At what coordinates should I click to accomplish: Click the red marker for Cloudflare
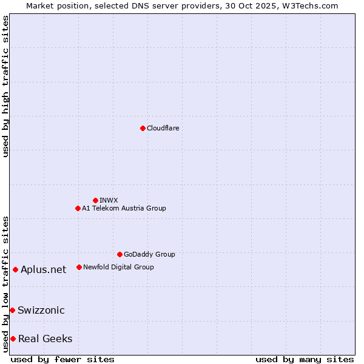[x=143, y=128]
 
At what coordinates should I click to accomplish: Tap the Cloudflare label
[x=163, y=128]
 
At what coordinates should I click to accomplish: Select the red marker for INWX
[x=95, y=200]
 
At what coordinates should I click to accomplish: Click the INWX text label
[x=109, y=200]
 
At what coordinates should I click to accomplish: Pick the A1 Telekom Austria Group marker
[x=78, y=208]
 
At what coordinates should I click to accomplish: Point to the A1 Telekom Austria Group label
[x=124, y=208]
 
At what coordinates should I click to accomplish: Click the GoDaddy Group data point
[x=120, y=254]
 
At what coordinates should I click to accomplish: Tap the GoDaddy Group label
[x=149, y=254]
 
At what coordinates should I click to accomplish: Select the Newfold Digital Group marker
[x=79, y=267]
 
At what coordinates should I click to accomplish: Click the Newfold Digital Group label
[x=118, y=267]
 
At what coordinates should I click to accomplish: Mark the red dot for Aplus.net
[x=15, y=269]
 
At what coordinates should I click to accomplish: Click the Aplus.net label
[x=43, y=269]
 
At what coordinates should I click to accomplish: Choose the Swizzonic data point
[x=12, y=310]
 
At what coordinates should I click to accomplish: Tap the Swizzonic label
[x=41, y=310]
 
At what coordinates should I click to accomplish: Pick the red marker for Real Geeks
[x=13, y=339]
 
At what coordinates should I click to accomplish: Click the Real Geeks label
[x=45, y=339]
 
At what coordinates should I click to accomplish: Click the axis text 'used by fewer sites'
[x=62, y=359]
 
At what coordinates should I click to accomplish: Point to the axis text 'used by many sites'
[x=305, y=359]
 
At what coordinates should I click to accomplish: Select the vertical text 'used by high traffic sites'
[x=5, y=86]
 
